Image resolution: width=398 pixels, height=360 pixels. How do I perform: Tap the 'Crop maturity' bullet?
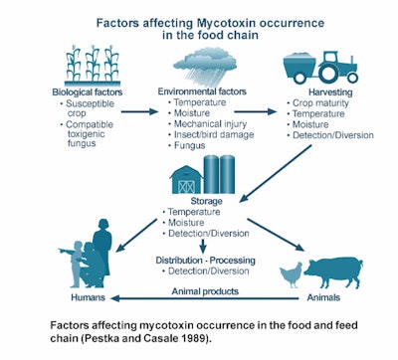click(x=322, y=102)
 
